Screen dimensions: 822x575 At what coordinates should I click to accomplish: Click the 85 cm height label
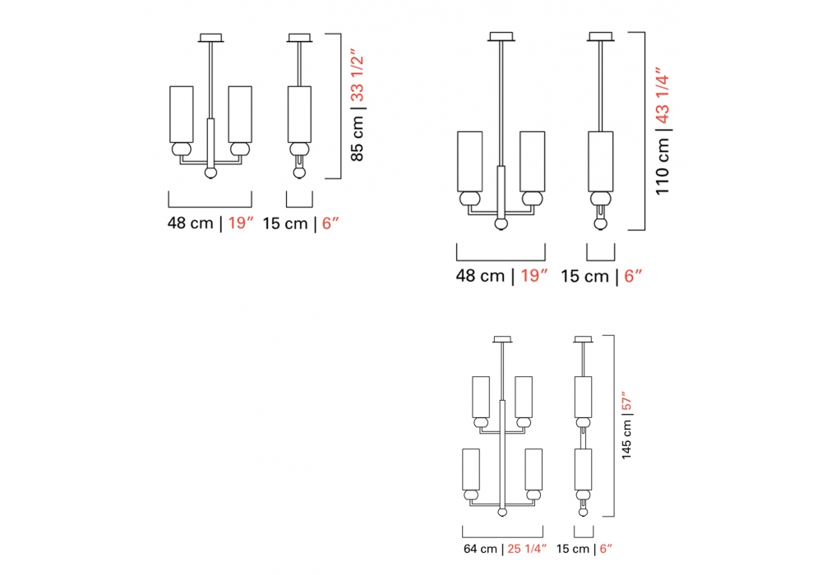click(357, 138)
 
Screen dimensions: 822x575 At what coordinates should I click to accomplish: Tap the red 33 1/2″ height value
click(357, 76)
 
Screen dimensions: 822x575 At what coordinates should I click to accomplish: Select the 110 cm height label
click(663, 165)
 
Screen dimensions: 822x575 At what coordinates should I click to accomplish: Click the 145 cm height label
click(626, 440)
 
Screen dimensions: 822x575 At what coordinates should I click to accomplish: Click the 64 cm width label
click(480, 549)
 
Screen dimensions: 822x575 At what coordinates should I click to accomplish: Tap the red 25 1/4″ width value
click(527, 549)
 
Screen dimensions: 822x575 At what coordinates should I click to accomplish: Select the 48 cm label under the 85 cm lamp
click(191, 223)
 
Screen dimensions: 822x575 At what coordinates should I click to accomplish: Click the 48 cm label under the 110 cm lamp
click(480, 275)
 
